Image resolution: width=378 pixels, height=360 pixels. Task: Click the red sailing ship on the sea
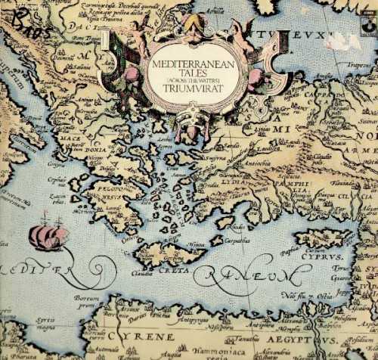48,237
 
